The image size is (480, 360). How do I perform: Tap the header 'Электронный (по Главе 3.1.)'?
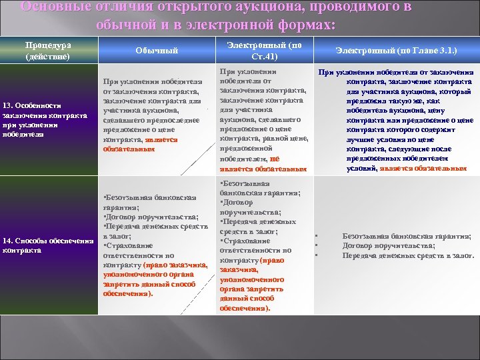(x=396, y=51)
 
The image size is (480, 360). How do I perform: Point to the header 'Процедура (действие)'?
(x=48, y=51)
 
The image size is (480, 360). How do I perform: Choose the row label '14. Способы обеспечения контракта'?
(x=47, y=245)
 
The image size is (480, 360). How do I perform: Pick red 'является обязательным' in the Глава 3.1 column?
(x=423, y=169)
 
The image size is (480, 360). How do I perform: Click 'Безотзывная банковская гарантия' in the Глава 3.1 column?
(x=406, y=236)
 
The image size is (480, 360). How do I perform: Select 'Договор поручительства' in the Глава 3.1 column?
(x=387, y=245)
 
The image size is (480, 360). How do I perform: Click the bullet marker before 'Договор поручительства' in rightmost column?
(x=316, y=245)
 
